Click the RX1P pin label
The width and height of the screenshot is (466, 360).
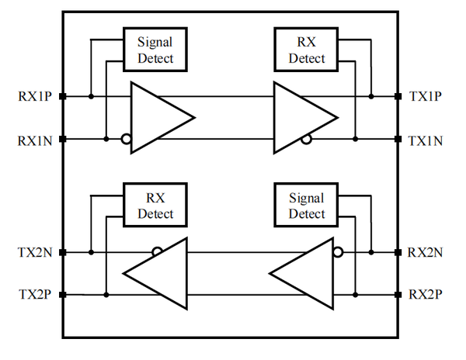[x=36, y=97]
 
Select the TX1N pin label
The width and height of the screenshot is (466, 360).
[x=426, y=140]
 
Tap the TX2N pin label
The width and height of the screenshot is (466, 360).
[x=36, y=253]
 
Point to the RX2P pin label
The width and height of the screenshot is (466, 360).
[x=426, y=295]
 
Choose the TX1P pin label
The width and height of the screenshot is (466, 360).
[x=426, y=97]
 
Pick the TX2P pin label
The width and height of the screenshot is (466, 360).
[x=36, y=295]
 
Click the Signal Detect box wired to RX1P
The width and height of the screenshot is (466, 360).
[x=155, y=49]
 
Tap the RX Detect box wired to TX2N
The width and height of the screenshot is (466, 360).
[x=155, y=205]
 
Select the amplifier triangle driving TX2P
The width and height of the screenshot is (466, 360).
[x=159, y=273]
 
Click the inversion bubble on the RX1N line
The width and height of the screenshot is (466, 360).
[x=125, y=140]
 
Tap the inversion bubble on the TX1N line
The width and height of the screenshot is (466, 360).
[x=307, y=140]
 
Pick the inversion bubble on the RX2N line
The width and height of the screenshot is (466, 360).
[x=338, y=252]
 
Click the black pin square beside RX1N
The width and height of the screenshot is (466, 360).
[x=63, y=140]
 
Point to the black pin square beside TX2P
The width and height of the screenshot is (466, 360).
[x=63, y=295]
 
